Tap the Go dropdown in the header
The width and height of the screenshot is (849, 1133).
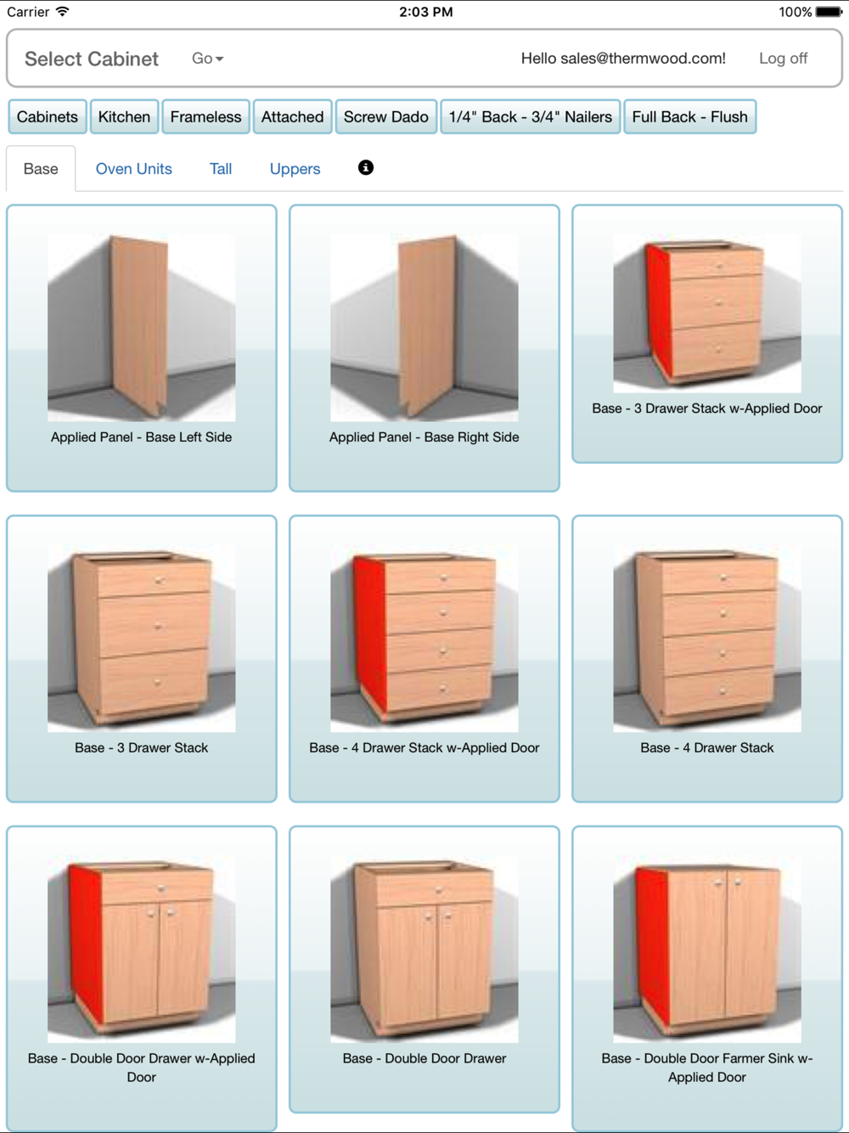click(207, 59)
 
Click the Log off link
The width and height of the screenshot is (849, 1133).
click(783, 59)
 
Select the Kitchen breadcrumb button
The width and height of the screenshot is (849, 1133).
click(124, 116)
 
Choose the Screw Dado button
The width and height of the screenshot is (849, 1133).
click(385, 116)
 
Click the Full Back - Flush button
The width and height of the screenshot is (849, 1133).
click(689, 116)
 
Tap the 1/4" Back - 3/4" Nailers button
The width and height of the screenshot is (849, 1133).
click(531, 116)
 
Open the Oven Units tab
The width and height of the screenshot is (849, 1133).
click(133, 169)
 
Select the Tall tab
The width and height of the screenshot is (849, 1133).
click(221, 169)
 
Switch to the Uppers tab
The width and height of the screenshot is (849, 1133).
click(295, 169)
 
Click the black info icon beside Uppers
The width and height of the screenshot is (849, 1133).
click(366, 168)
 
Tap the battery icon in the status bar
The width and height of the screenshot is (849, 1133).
click(829, 11)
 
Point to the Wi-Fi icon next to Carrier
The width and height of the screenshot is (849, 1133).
click(63, 11)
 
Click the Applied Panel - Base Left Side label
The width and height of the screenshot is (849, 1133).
click(141, 437)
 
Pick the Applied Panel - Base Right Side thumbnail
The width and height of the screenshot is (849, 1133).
click(424, 328)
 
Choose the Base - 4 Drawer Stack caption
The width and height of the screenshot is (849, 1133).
click(707, 748)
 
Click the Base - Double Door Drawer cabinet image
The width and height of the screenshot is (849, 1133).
click(424, 949)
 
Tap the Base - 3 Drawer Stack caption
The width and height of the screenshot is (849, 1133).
click(141, 748)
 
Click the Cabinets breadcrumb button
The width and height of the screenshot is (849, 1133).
click(48, 116)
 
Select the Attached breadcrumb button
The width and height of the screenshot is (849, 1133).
click(292, 116)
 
